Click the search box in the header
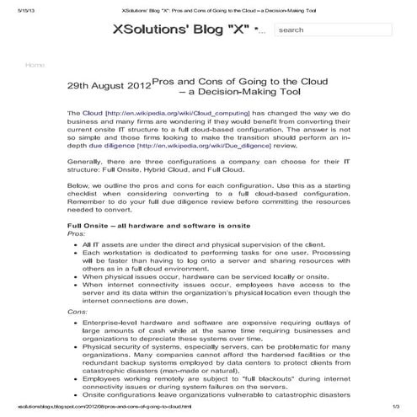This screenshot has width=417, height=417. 332,29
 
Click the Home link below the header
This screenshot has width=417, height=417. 35,65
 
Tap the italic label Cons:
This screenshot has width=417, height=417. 77,312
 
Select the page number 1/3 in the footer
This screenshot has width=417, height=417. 399,409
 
